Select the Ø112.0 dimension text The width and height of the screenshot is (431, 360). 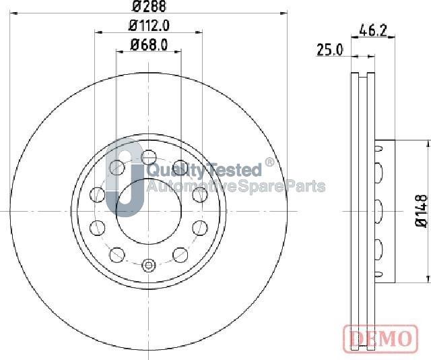coord(149,26)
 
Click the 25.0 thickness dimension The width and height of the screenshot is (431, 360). coord(330,50)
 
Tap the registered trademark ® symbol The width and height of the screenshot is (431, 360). coord(269,162)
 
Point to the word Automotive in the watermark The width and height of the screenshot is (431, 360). coord(193,186)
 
